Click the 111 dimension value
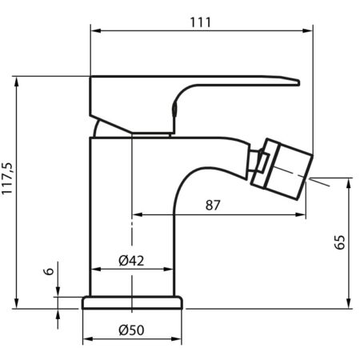click(200, 22)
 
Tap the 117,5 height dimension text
click(7, 178)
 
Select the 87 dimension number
click(213, 206)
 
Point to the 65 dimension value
click(339, 242)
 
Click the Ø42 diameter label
click(131, 261)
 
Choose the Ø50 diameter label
click(131, 330)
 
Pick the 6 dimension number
click(49, 271)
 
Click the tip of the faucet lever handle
click(299, 82)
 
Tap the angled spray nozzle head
click(282, 169)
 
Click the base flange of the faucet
click(133, 302)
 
